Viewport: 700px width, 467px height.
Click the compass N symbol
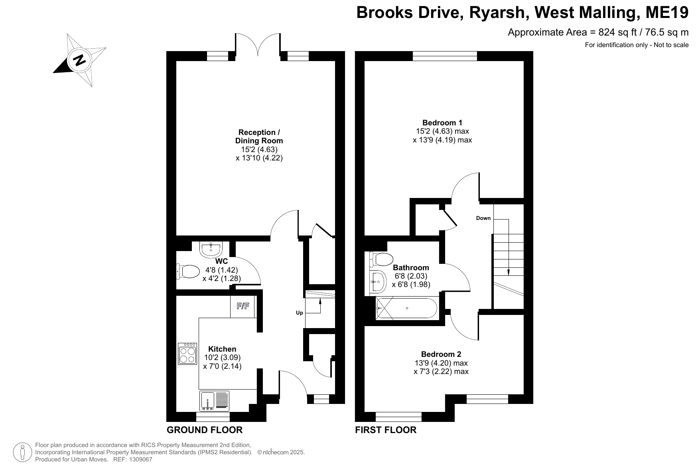tap(80, 60)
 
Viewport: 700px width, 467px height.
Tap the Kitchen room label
tap(222, 349)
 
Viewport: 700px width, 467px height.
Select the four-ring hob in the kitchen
tap(187, 354)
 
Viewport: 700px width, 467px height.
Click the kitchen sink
tap(215, 401)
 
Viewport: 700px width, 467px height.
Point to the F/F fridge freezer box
tap(243, 307)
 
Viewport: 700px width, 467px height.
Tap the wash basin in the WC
tap(211, 250)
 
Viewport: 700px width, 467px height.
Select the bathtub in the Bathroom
tap(406, 308)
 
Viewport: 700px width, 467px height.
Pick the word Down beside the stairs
tap(483, 218)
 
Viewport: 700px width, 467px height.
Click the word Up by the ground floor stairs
tap(300, 313)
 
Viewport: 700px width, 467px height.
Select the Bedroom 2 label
tap(441, 354)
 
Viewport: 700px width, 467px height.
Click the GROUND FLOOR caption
tap(205, 430)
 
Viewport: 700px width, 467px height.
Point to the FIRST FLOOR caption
tap(386, 430)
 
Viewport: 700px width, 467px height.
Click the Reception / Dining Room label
tap(259, 137)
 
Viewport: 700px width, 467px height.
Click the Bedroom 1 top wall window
tap(445, 56)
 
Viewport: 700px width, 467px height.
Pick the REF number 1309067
tap(139, 460)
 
